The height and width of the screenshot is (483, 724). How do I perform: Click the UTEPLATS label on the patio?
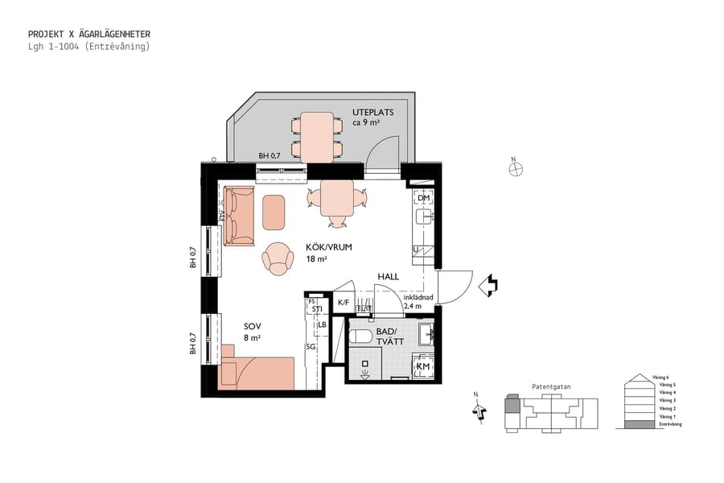click(372, 112)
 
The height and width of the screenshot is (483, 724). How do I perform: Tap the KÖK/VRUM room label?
click(330, 247)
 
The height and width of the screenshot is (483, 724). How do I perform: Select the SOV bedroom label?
click(253, 326)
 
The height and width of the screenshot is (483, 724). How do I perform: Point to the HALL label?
click(389, 277)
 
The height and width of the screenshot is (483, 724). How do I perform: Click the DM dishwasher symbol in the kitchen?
click(424, 197)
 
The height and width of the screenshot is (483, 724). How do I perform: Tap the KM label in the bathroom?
click(423, 366)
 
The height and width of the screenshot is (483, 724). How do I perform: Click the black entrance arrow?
click(488, 284)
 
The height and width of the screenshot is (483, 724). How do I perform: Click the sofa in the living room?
click(239, 215)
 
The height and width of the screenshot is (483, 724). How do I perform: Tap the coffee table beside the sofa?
click(274, 211)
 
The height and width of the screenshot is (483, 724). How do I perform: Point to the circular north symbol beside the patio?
click(516, 168)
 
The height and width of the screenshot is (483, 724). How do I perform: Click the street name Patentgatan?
click(551, 386)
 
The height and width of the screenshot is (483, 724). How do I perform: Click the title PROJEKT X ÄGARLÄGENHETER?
click(88, 35)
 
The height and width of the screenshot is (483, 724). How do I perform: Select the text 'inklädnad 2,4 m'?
click(418, 302)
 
